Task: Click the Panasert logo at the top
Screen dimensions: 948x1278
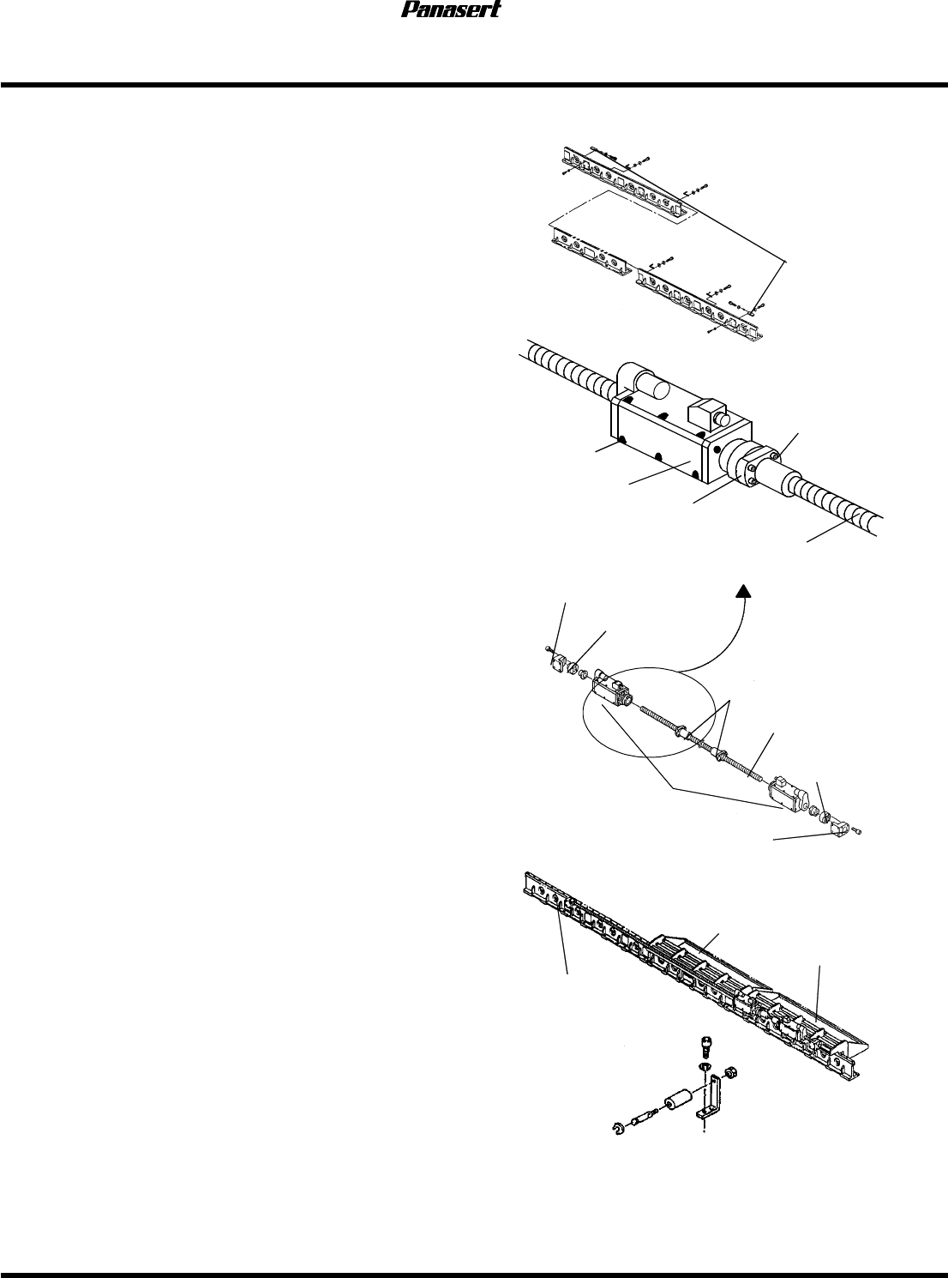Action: click(451, 11)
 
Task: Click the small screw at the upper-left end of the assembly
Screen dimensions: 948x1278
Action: click(549, 650)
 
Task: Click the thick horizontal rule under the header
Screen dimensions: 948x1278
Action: click(474, 85)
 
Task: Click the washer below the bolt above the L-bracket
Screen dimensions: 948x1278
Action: click(704, 1066)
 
